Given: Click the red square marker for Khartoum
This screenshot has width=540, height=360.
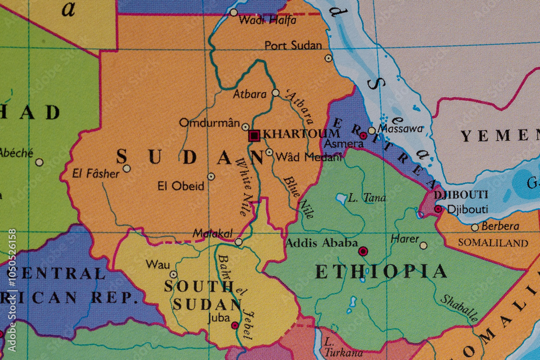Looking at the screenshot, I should (x=254, y=135).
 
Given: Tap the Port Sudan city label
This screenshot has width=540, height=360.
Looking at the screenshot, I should (x=293, y=46).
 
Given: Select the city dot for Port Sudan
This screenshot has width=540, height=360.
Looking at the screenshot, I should (x=328, y=58).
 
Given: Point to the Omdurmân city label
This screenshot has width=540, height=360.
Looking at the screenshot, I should (x=209, y=123).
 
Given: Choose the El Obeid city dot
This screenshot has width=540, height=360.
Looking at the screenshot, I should (x=211, y=176).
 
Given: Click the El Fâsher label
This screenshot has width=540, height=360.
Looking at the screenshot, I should (x=96, y=173).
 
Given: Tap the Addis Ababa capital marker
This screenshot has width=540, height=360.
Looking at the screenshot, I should (x=363, y=251).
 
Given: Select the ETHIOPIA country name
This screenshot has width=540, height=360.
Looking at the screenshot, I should (x=381, y=271).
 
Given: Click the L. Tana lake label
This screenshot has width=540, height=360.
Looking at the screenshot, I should (x=367, y=198).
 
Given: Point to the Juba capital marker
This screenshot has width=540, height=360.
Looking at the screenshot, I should (x=235, y=325).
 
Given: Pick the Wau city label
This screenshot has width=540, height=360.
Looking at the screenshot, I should (x=158, y=264).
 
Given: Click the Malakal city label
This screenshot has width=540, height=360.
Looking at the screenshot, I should (x=212, y=234).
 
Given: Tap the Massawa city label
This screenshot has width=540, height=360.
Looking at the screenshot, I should (x=400, y=129).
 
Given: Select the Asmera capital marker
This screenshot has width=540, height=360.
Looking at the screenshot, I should (x=363, y=135).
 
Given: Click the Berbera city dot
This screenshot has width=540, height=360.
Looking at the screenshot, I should (x=475, y=227).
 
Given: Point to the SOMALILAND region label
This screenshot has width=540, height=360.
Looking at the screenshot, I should (x=492, y=243).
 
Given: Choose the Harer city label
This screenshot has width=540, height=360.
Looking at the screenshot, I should (x=404, y=238).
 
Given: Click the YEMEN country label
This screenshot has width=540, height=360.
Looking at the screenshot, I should (x=500, y=136).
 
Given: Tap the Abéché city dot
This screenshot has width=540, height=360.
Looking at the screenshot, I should (x=39, y=162).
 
